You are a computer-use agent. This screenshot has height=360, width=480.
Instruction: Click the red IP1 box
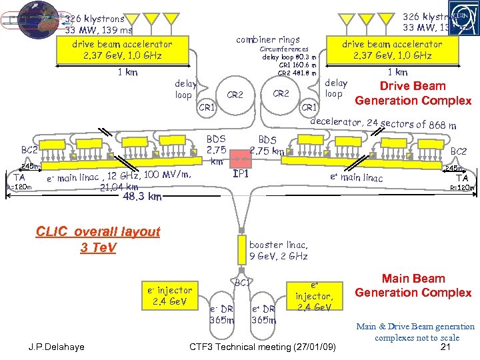tap(239, 159)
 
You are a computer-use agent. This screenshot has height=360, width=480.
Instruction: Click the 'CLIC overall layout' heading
tap(99, 232)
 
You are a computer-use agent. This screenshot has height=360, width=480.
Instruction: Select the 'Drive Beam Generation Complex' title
tap(413, 93)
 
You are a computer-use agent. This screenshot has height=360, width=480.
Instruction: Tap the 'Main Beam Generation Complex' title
tap(413, 285)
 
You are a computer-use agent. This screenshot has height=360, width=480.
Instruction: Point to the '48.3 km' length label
tap(142, 197)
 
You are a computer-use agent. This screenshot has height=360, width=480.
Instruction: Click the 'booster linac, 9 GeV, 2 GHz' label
tap(279, 250)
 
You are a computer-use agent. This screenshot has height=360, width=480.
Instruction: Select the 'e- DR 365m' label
tap(221, 314)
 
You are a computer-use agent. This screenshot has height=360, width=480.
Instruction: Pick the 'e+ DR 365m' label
tap(264, 314)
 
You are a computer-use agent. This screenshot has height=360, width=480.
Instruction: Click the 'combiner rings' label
tap(268, 39)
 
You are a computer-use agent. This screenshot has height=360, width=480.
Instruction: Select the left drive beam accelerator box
tap(123, 49)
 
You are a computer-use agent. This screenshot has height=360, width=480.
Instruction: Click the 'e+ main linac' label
tap(357, 177)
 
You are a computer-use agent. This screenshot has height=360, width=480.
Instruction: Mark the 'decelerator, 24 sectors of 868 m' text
tap(383, 123)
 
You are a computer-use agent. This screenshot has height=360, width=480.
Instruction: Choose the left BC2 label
tap(29, 151)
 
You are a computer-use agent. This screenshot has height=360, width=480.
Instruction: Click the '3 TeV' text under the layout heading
tap(98, 248)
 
